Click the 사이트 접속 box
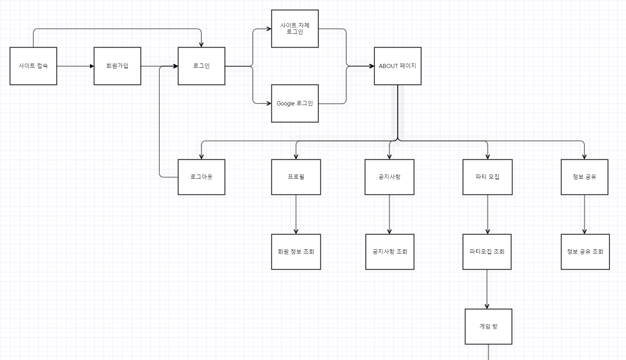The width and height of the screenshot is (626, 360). (x=33, y=66)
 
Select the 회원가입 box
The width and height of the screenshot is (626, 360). (x=117, y=66)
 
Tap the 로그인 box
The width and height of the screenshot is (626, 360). (x=201, y=66)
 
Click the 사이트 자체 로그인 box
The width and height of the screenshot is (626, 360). (x=295, y=29)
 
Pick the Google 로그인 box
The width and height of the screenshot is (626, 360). (x=295, y=104)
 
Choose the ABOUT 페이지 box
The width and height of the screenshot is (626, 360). (x=398, y=66)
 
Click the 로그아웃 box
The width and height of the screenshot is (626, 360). (x=201, y=177)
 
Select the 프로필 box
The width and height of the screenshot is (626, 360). (x=296, y=177)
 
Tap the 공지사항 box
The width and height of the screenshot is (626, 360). (x=389, y=177)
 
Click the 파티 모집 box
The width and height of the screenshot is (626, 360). (x=487, y=177)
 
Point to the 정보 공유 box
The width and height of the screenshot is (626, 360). (x=585, y=177)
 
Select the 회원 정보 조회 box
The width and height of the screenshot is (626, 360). (x=296, y=252)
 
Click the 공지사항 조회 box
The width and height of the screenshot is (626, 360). (x=390, y=252)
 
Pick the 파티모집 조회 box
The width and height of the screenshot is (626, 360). (x=487, y=252)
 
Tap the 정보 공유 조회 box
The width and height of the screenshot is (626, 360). (x=585, y=252)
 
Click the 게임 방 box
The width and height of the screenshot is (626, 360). (x=488, y=326)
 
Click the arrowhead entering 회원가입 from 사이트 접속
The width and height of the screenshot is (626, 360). (x=92, y=66)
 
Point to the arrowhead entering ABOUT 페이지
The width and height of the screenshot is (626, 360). (x=371, y=66)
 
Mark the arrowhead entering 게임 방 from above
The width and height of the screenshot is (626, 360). (x=487, y=306)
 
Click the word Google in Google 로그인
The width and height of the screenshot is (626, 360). (x=286, y=104)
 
